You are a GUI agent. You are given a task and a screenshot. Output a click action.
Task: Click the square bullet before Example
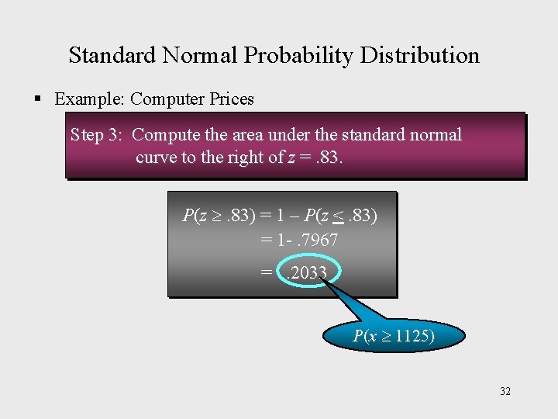[x=37, y=99]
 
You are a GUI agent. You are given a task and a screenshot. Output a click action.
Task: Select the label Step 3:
[x=96, y=135]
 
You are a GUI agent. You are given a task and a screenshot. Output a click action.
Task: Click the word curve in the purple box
[x=156, y=158]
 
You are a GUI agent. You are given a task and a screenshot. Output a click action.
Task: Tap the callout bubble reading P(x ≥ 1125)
[x=394, y=337]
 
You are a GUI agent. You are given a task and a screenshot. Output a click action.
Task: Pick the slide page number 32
[x=505, y=391]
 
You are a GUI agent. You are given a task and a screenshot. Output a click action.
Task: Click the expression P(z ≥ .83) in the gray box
[x=219, y=216]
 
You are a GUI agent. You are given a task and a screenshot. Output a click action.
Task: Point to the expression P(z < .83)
[x=341, y=216]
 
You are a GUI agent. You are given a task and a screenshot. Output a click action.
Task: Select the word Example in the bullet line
[x=88, y=99]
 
